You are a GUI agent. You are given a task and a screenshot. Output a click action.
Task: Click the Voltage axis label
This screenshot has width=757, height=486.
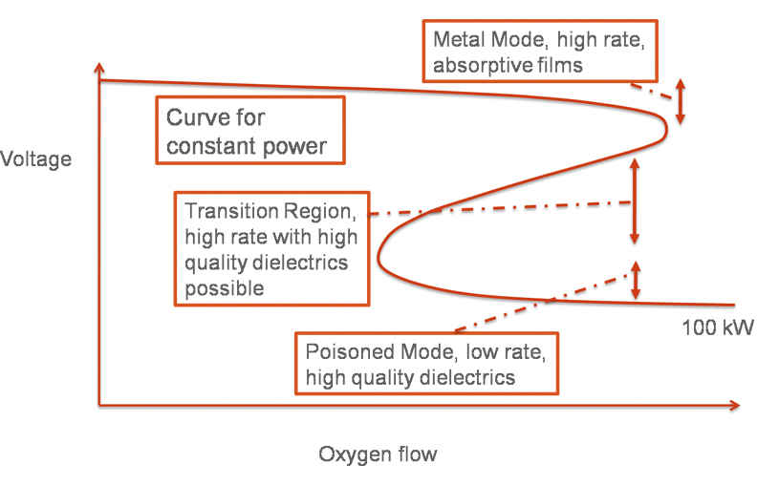coord(36,158)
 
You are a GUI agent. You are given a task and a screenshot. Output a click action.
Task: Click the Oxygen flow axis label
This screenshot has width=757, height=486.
coord(378,454)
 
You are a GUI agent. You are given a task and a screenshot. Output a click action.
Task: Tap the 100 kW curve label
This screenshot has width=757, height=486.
coord(718,328)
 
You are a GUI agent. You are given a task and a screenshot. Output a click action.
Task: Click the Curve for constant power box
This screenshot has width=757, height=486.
coord(249,132)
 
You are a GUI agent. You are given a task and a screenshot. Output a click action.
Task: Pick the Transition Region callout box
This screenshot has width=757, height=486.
coord(271,248)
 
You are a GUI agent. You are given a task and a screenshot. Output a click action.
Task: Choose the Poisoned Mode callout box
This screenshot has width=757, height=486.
coord(425,364)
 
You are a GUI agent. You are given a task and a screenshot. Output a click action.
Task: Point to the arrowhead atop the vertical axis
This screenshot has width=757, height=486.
coord(98,70)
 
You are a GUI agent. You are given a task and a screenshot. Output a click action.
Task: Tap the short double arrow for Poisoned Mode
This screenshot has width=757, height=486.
coord(635,280)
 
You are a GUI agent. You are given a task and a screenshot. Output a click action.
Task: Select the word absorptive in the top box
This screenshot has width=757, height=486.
coord(480,65)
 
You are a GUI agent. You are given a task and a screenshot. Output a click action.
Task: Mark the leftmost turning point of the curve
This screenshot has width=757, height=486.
coord(378,256)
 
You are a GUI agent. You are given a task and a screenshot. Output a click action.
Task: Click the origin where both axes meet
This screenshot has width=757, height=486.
coord(98,405)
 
